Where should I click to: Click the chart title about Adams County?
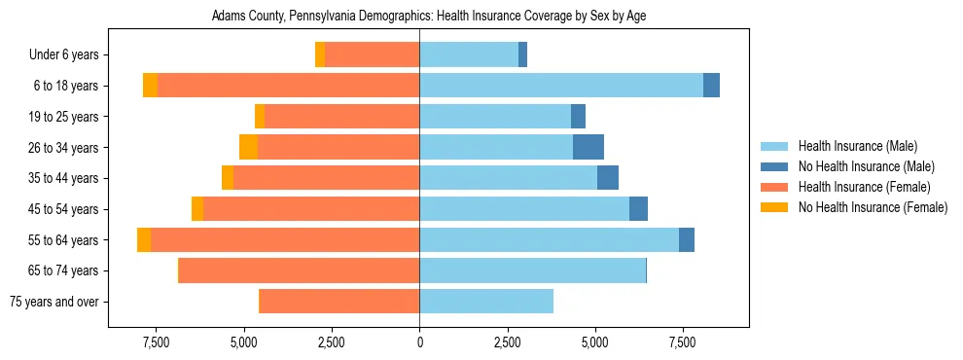point(428,17)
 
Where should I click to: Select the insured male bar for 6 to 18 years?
point(561,86)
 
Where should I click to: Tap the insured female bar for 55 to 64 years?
point(285,240)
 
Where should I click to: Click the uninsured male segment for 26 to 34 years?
point(588,148)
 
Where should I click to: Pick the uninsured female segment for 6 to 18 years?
point(150,86)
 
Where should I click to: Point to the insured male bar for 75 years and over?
point(486,302)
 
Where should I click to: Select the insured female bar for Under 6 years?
point(372,54)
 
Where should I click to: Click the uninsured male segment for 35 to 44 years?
point(608,178)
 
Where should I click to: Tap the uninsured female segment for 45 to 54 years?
point(197,209)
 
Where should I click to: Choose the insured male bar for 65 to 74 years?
point(532,270)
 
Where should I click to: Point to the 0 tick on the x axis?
point(419,342)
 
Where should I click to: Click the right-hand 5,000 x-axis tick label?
point(594,342)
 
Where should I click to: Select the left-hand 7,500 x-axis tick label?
point(157,342)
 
